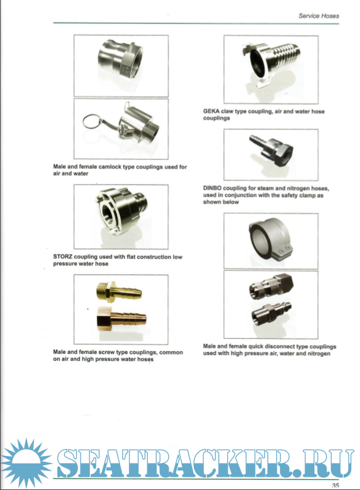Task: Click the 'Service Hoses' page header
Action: (318, 16)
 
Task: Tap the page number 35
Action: (335, 486)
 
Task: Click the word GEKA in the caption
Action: (211, 111)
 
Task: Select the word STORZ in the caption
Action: (62, 257)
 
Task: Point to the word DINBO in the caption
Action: (212, 188)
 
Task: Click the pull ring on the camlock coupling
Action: (93, 122)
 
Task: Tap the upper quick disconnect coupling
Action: (271, 286)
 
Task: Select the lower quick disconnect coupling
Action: (272, 313)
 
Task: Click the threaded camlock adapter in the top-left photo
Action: (120, 61)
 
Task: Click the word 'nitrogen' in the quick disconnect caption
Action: (318, 354)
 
